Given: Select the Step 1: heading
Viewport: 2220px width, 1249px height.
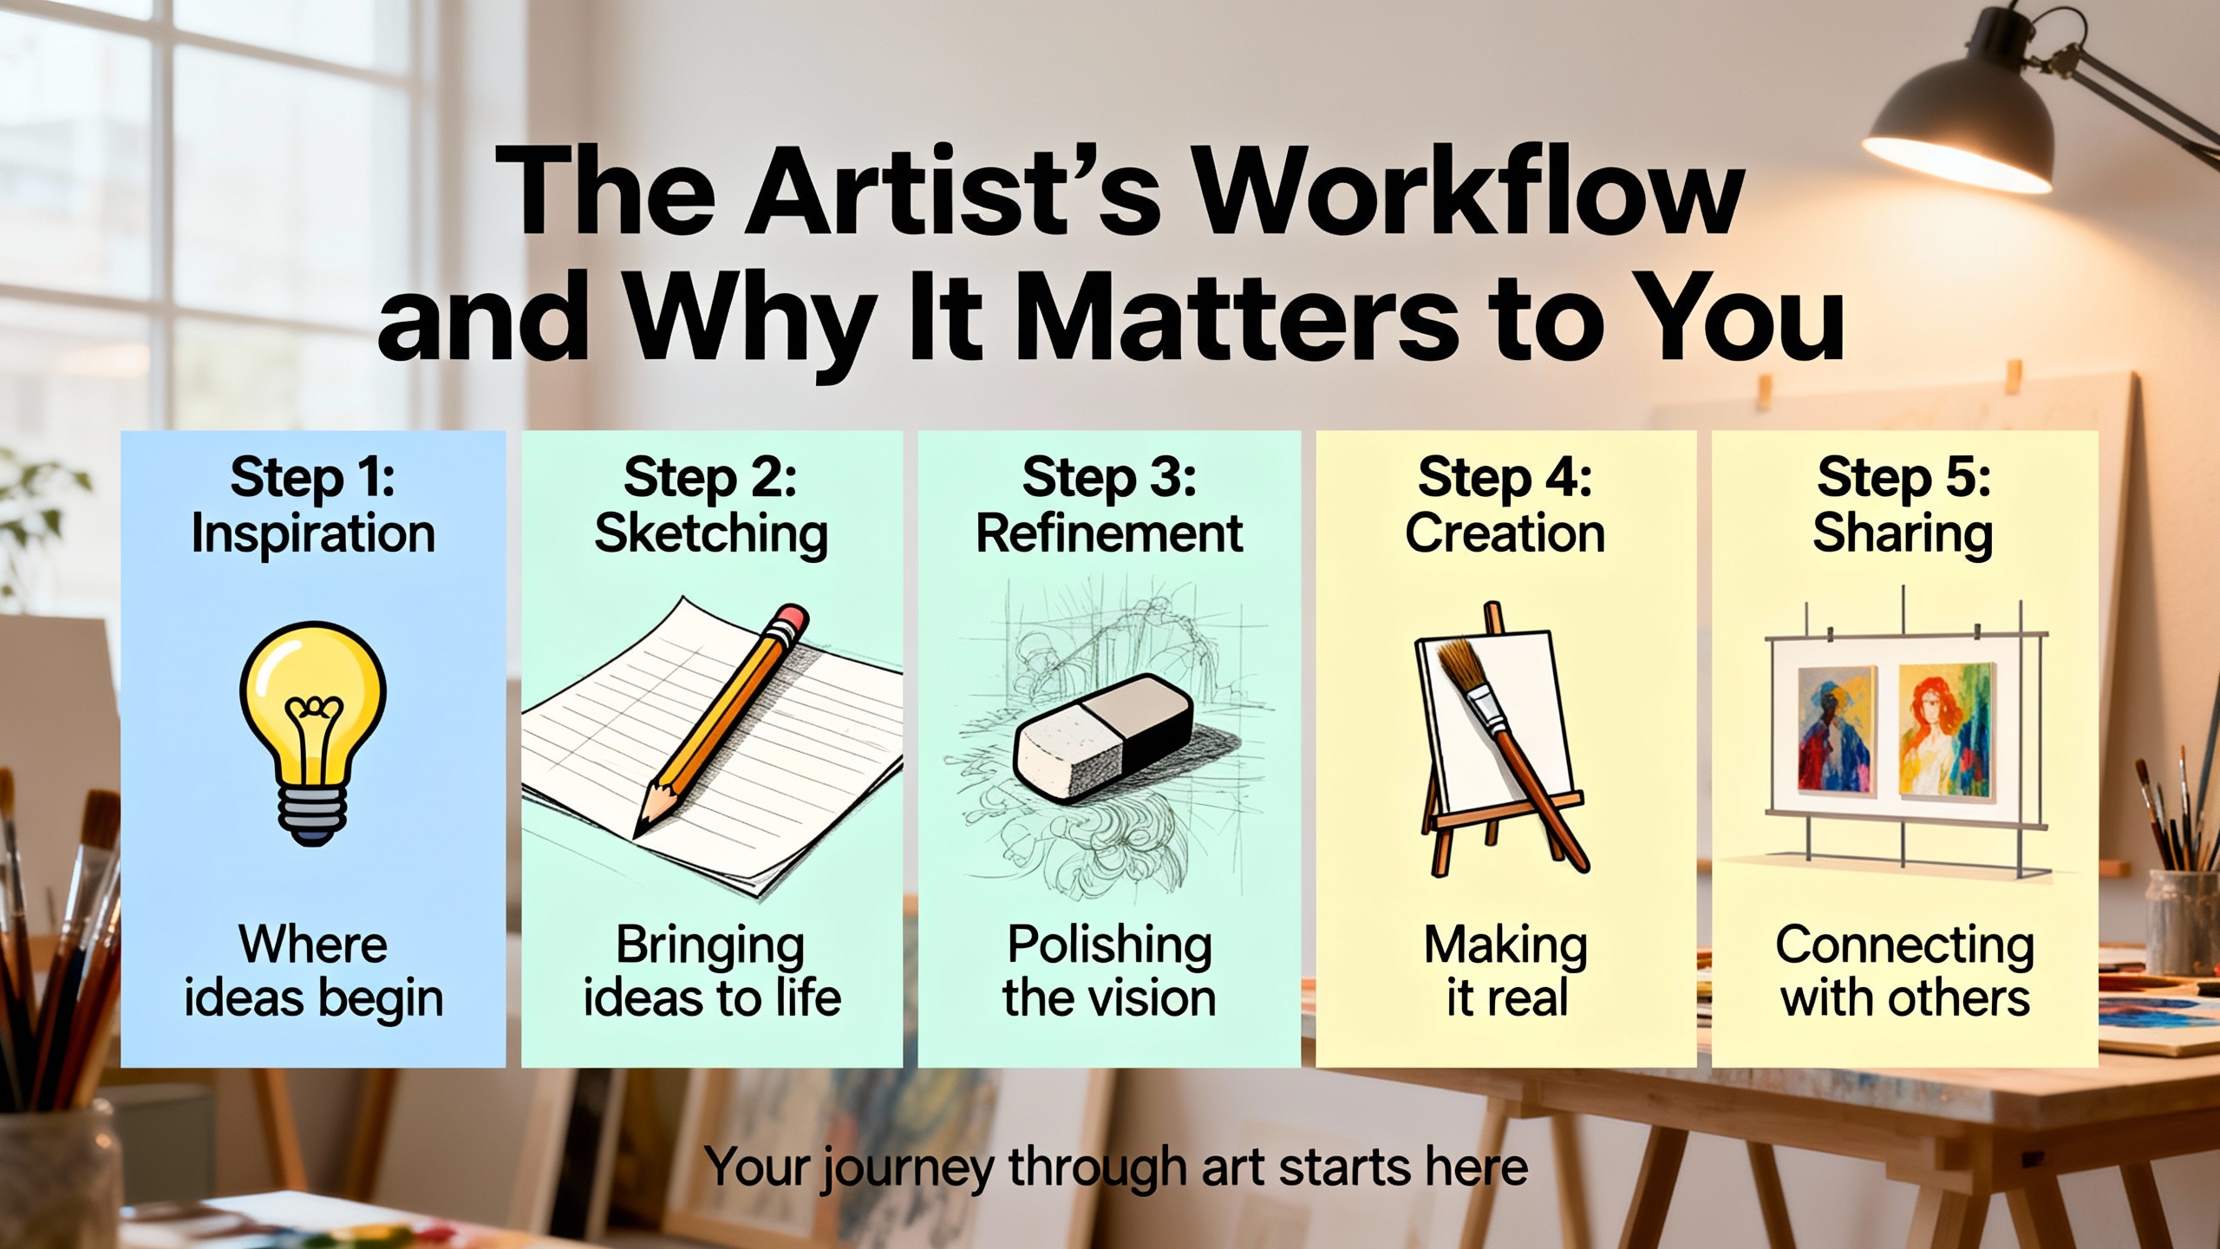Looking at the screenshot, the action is coord(312,479).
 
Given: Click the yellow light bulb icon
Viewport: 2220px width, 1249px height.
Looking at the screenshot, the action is coord(312,733).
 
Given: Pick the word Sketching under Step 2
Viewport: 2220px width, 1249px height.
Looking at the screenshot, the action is coord(711,534).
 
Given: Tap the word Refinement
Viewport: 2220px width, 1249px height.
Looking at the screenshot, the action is coord(1109,533).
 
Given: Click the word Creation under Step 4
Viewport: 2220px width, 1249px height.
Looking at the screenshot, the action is coord(1505,533).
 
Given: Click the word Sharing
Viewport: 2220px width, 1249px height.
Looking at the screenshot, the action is coord(1903,534).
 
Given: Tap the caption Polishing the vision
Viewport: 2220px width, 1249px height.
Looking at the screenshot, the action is coord(1109,971).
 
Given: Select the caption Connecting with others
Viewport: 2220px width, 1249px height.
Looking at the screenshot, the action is coord(1905,971).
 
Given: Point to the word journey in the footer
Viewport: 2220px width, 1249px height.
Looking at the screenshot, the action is coord(908,1169).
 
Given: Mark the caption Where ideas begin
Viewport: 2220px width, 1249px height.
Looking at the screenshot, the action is coord(313,971).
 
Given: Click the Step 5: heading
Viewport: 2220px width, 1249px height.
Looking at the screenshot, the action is coord(1903,479).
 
